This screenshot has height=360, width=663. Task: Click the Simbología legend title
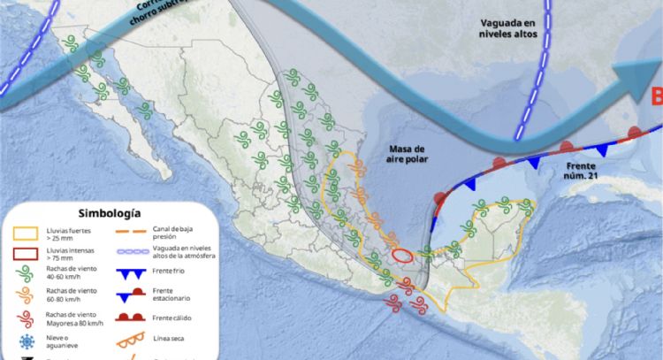point(109,213)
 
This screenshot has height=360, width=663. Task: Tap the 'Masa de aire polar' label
point(406,154)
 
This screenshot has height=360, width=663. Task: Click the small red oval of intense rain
point(401,257)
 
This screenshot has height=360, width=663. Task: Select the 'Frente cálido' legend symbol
point(134,318)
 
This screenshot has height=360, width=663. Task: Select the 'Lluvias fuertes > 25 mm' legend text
point(67,234)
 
